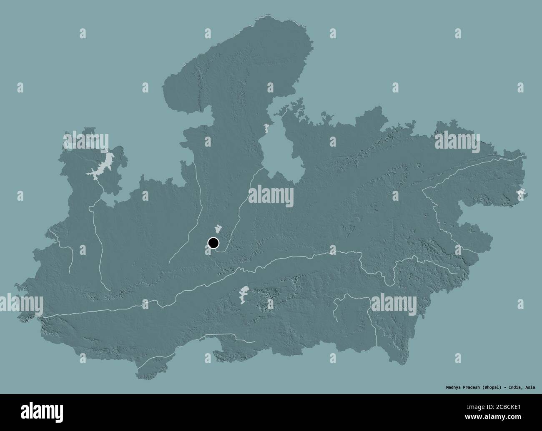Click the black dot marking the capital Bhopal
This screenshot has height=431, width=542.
(213, 243)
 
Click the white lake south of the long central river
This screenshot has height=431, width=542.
(242, 294)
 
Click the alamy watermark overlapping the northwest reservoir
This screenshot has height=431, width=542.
(85, 141)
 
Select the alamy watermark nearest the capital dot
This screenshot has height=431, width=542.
(271, 195)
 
